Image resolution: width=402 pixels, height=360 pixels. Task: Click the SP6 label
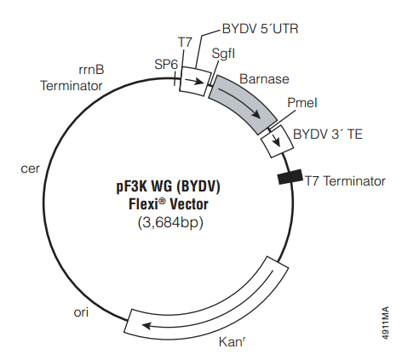click(166, 65)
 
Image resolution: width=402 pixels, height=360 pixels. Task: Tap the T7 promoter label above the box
click(185, 43)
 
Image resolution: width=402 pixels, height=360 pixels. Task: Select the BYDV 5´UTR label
click(260, 29)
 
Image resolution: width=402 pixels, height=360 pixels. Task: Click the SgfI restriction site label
click(223, 54)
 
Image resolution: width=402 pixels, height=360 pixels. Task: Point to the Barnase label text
click(264, 79)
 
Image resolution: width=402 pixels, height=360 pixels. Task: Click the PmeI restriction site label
click(302, 103)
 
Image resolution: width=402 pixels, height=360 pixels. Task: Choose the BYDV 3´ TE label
click(328, 134)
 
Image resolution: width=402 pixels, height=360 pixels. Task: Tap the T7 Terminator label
click(345, 181)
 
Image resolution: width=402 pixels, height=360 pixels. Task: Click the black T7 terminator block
click(290, 177)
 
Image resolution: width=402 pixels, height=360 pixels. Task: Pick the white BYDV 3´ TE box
click(278, 141)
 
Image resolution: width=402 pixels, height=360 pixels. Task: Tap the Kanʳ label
click(232, 342)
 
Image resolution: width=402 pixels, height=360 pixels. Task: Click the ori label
click(81, 312)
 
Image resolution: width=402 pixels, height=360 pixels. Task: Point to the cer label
click(30, 169)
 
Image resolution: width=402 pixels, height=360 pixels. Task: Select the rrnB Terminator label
click(72, 77)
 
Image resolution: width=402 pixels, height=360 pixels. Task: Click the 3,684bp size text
click(170, 223)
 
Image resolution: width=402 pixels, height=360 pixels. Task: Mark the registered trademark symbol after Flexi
click(162, 201)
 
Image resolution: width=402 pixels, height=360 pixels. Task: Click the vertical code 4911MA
click(385, 323)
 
